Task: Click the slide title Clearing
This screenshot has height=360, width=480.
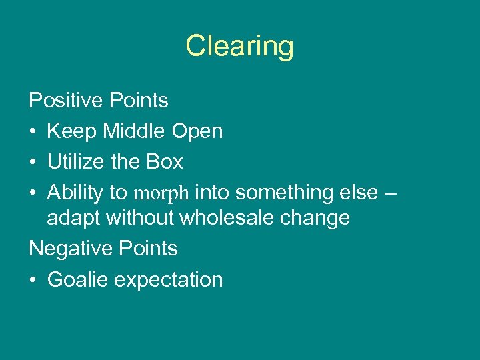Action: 239,47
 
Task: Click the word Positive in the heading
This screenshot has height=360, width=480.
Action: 63,101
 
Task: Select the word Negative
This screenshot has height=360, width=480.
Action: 69,249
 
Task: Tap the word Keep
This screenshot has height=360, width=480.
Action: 72,131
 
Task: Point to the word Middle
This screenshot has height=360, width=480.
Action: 134,131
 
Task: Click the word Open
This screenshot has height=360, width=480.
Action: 197,132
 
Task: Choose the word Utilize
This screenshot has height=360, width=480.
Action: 74,162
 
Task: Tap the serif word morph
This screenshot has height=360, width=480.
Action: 162,194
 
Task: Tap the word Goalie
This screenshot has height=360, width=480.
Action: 77,279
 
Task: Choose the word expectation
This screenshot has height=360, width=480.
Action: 169,281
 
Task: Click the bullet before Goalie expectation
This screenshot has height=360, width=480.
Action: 33,280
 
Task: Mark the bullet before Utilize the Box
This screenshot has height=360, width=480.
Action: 33,163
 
